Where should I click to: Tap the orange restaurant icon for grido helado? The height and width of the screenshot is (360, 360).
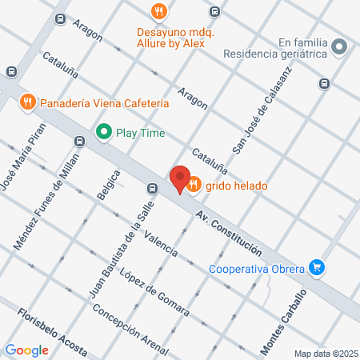tap(194, 186)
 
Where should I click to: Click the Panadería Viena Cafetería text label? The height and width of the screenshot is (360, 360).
tap(105, 102)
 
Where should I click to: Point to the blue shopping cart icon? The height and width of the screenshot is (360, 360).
tap(318, 267)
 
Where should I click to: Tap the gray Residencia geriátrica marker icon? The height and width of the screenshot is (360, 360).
tap(340, 46)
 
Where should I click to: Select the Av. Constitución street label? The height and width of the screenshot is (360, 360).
tap(229, 234)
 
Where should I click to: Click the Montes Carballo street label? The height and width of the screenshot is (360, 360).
tap(283, 322)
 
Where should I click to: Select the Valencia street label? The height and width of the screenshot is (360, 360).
tap(156, 240)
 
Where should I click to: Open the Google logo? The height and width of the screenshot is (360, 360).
tap(27, 350)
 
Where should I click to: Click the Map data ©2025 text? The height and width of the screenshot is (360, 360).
tap(325, 353)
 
